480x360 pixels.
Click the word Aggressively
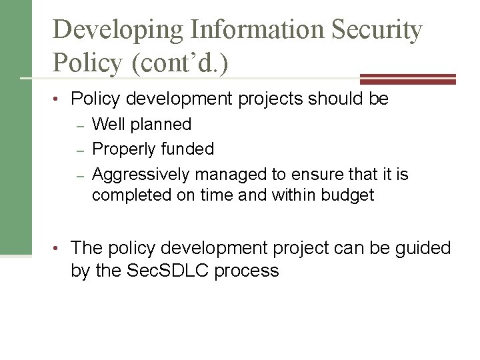pos(139,175)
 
